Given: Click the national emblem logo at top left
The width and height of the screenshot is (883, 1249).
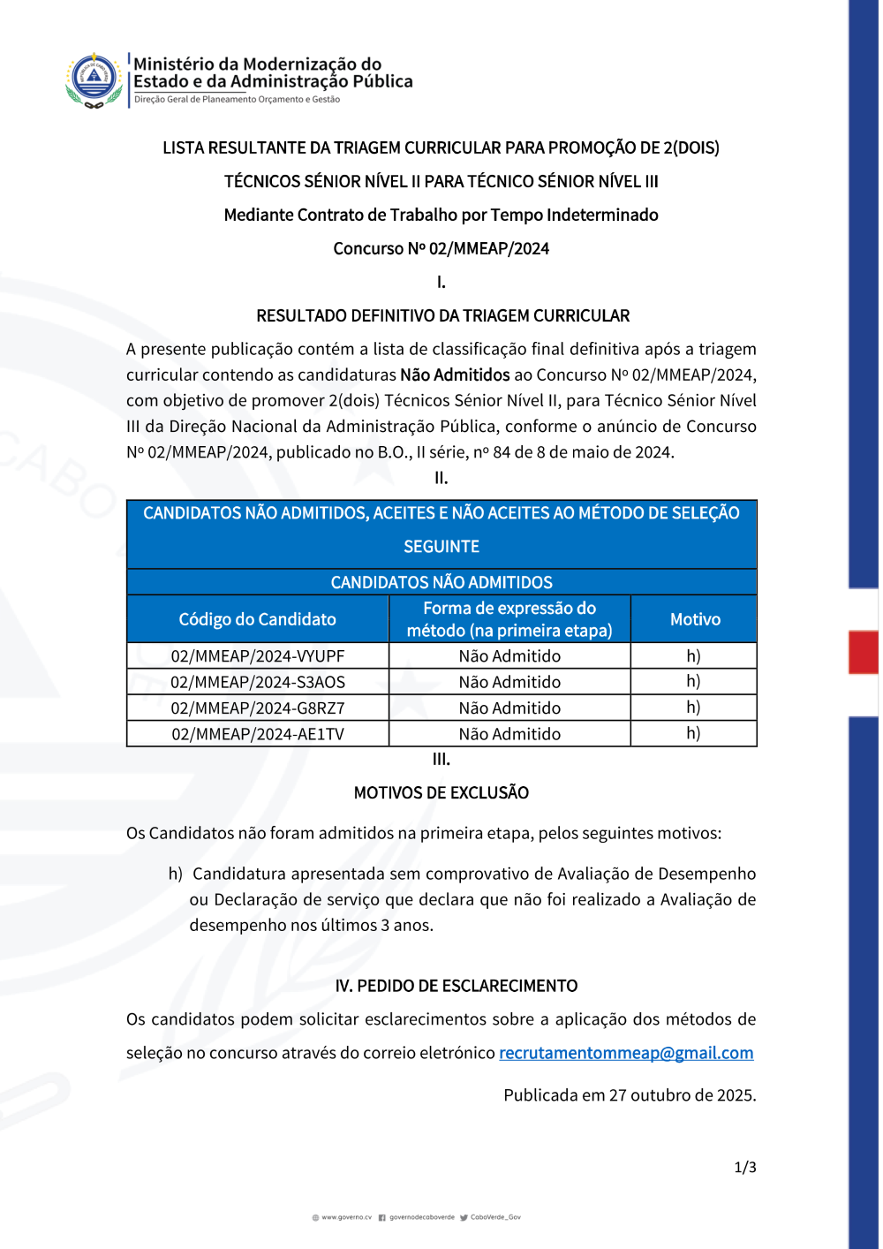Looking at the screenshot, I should coord(94,79).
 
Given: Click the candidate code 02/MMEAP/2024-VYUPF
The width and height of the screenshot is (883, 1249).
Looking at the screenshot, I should coord(257,656).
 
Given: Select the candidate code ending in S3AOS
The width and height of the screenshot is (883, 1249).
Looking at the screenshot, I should coord(257,682).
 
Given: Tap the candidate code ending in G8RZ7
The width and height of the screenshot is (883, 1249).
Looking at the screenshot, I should coord(257,708).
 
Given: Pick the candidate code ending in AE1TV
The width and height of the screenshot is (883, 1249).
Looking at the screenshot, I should coord(257,734).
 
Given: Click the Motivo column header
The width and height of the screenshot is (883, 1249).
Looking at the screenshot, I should coord(695,619).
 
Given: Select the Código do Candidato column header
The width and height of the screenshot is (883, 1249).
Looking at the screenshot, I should coord(257,619).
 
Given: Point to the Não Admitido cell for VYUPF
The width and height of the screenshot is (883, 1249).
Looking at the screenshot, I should coord(509,656).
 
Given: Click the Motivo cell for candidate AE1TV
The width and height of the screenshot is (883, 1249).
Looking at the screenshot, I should coord(693,733).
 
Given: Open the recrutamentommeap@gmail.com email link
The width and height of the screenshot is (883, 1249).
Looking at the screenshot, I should coord(626,1053).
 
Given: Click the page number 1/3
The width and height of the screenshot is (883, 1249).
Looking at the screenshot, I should coord(745,1167).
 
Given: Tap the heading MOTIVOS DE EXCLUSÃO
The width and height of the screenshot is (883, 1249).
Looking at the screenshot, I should coord(441,792).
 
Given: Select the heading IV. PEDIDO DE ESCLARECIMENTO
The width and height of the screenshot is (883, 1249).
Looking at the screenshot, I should coord(456,986).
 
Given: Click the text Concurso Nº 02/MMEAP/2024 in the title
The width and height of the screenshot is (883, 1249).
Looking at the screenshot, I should coord(441,248).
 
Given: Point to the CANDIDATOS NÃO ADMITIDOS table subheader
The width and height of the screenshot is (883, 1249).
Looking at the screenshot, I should coord(441,582).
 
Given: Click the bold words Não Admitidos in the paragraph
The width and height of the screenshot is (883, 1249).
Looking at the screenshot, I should coord(455,375).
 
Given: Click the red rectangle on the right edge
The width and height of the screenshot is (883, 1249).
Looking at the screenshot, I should coord(863,653).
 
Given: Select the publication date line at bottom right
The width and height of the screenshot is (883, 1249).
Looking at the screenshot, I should coord(630,1095).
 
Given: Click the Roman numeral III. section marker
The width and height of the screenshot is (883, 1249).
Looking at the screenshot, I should coord(441,759).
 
